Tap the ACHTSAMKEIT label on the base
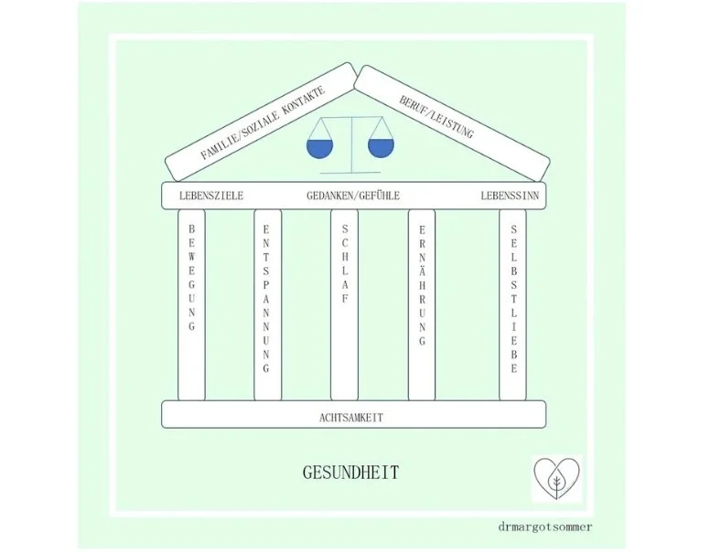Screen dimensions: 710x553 [351, 417]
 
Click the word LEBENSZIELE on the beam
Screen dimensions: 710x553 [211, 196]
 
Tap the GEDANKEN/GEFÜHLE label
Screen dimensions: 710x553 [353, 196]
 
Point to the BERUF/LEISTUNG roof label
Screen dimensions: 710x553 [436, 118]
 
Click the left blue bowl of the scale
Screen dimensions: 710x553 [317, 149]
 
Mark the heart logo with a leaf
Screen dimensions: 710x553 [556, 478]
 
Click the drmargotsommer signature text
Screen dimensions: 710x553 [559, 526]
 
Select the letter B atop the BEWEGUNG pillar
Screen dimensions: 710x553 [191, 229]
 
